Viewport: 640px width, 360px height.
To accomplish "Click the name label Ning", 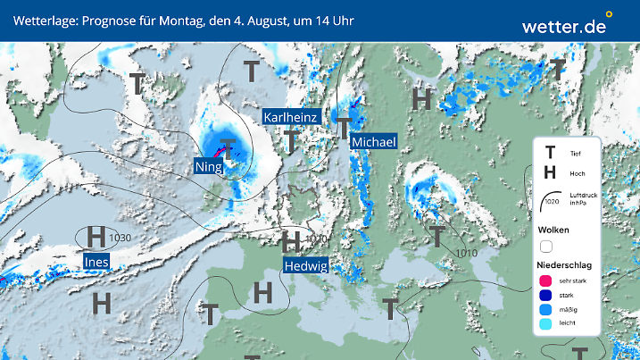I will point(210,165).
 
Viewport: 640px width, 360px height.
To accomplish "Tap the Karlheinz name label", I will point(290,117).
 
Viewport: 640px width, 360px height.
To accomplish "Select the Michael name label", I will point(373,142).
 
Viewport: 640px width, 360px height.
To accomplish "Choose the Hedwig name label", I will point(306,264).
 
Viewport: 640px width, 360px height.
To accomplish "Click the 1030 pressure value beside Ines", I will point(121,237).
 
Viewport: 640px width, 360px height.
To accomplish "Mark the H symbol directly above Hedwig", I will point(290,242).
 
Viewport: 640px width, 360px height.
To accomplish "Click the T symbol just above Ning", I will point(229,147).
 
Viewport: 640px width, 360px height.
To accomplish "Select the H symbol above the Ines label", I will point(96,238).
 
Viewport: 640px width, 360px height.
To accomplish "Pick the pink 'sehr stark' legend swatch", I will point(545,282).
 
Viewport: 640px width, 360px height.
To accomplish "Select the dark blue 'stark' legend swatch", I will point(545,297).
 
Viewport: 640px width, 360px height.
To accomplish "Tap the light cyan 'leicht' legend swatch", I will point(545,325).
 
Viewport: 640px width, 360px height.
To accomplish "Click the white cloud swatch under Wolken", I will point(546,246).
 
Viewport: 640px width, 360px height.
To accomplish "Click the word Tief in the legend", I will point(575,154).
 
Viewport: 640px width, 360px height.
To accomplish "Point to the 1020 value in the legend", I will point(550,202).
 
